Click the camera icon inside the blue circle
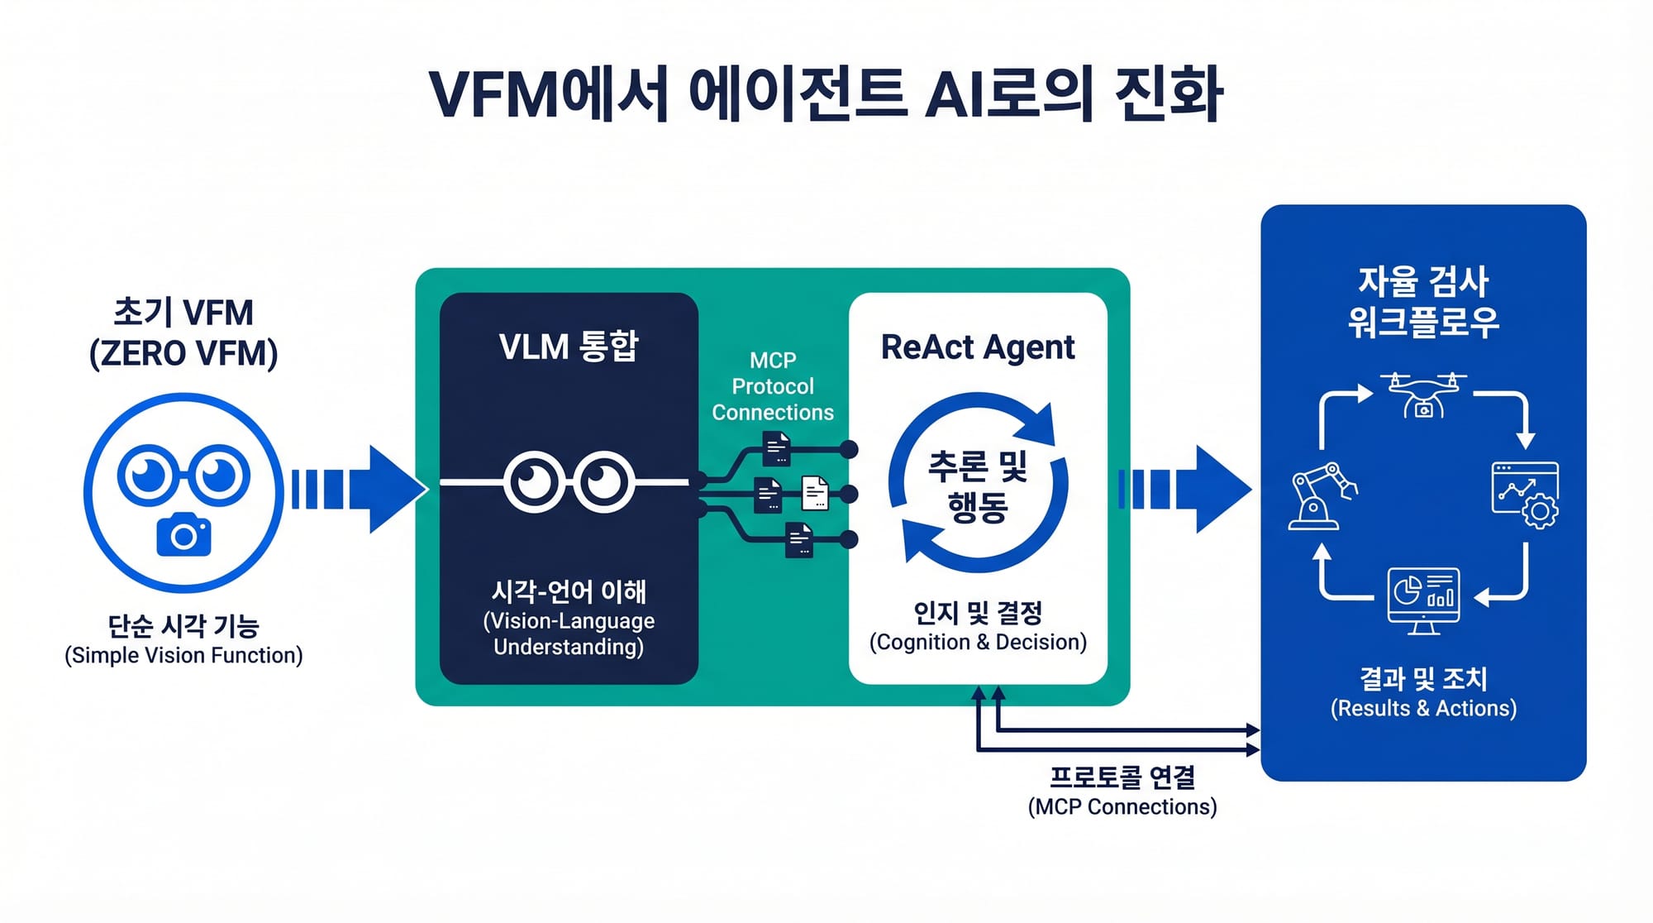(x=183, y=534)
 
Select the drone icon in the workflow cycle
(x=1422, y=395)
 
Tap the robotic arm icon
(x=1322, y=495)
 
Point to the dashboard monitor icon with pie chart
(x=1422, y=600)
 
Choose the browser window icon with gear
(x=1525, y=495)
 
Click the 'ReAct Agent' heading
(x=978, y=347)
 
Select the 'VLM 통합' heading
(x=569, y=346)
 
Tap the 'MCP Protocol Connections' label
(x=773, y=386)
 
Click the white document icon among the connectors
(x=815, y=493)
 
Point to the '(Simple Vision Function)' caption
(x=183, y=655)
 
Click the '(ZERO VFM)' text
(x=183, y=353)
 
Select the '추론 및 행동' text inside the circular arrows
(x=978, y=486)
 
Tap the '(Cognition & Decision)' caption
(x=978, y=642)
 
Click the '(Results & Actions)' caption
(x=1423, y=708)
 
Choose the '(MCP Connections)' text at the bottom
(x=1122, y=806)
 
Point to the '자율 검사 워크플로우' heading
(x=1423, y=301)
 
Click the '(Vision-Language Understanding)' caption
(x=569, y=634)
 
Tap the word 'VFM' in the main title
(x=494, y=95)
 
